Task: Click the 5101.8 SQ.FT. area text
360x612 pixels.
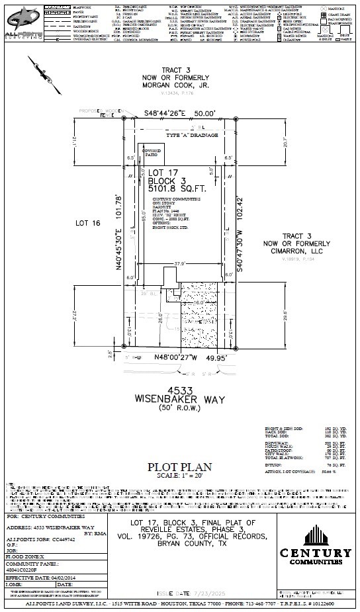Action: (171, 189)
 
